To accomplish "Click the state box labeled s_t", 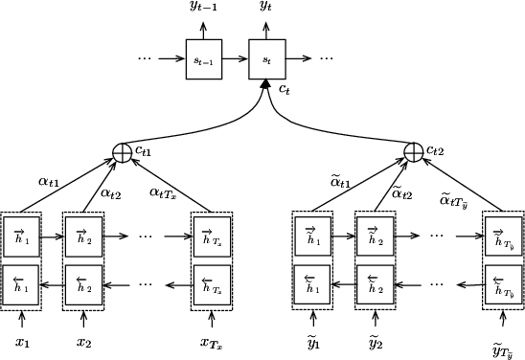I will point(266,58).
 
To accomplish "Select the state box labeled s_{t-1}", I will point(203,58).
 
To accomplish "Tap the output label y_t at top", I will point(266,9).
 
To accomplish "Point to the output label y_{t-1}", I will point(203,9).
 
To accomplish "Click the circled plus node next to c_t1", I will point(123,151).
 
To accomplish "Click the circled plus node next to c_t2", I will point(414,151).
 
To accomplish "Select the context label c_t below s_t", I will point(285,89).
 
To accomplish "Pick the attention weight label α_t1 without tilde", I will point(48,179).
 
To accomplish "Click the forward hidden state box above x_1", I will point(22,236).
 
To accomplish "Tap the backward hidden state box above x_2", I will point(83,284).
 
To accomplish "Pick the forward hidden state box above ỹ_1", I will point(312,236).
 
